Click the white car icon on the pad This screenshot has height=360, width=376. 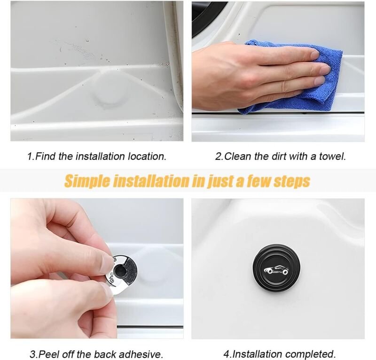(276, 270)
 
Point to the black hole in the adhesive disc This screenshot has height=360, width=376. (119, 271)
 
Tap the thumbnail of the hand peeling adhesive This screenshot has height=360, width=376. (97, 268)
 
